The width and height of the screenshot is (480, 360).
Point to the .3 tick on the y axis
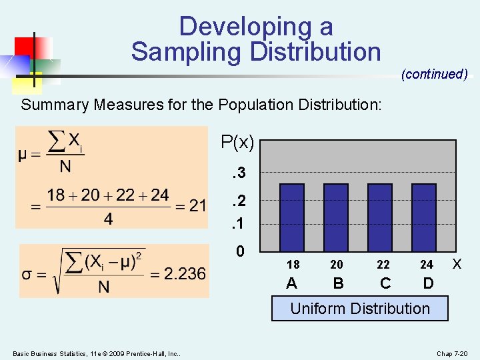tap(237, 173)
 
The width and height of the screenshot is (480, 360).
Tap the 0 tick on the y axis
tap(241, 251)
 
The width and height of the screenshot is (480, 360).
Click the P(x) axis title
tap(237, 142)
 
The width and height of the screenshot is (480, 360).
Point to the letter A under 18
tap(291, 283)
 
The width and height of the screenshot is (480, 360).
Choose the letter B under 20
tap(338, 283)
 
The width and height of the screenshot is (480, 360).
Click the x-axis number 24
tap(427, 265)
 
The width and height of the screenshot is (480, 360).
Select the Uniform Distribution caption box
tap(360, 309)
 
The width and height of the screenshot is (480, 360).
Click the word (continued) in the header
tap(434, 74)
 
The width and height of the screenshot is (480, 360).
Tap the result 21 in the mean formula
tap(198, 205)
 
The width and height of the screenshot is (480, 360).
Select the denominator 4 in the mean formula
tap(108, 219)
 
